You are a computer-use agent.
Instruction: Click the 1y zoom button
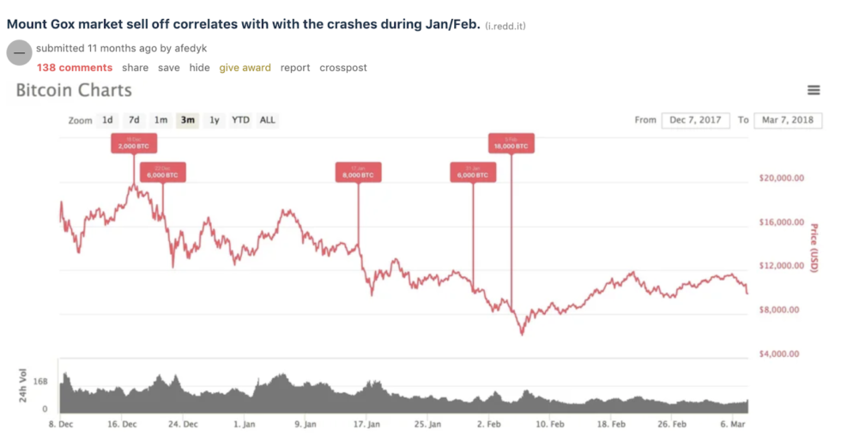pyautogui.click(x=215, y=120)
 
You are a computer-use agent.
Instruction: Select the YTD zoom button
pyautogui.click(x=241, y=120)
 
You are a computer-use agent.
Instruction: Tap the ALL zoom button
pyautogui.click(x=268, y=120)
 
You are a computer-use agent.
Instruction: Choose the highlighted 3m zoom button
pyautogui.click(x=187, y=120)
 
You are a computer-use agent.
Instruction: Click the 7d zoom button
pyautogui.click(x=134, y=120)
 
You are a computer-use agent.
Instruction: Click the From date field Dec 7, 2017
pyautogui.click(x=696, y=120)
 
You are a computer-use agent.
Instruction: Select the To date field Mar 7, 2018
pyautogui.click(x=787, y=120)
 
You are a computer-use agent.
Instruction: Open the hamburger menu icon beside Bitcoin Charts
pyautogui.click(x=814, y=91)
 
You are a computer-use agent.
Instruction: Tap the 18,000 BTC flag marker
pyautogui.click(x=511, y=143)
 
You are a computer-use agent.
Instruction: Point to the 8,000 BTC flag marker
pyautogui.click(x=358, y=172)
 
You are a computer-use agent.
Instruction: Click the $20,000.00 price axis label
pyautogui.click(x=781, y=178)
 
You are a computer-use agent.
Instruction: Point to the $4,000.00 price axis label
pyautogui.click(x=781, y=353)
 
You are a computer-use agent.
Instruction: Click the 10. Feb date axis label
pyautogui.click(x=550, y=424)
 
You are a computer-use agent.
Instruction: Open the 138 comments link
pyautogui.click(x=74, y=68)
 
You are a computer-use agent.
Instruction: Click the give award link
pyautogui.click(x=245, y=68)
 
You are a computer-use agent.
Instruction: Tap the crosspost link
pyautogui.click(x=343, y=68)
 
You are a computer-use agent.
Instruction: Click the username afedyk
pyautogui.click(x=191, y=49)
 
